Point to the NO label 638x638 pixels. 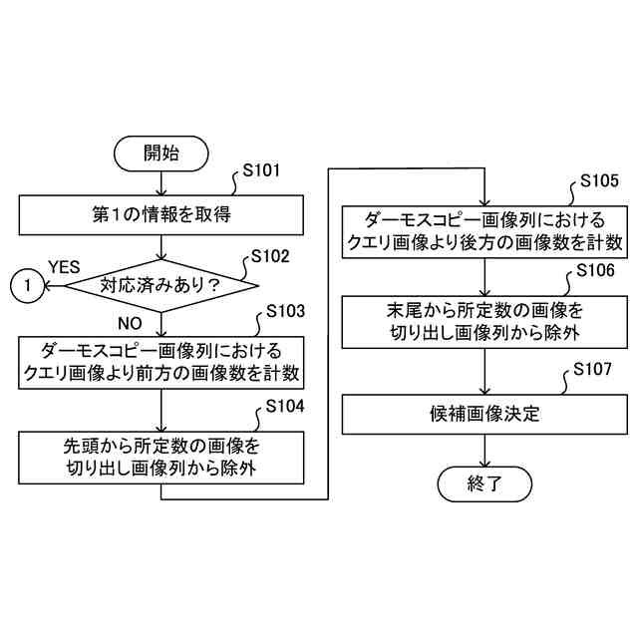(x=131, y=323)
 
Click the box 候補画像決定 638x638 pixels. (x=484, y=413)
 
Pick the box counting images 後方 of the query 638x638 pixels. (x=484, y=230)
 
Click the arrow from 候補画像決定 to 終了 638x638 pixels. (x=484, y=451)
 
